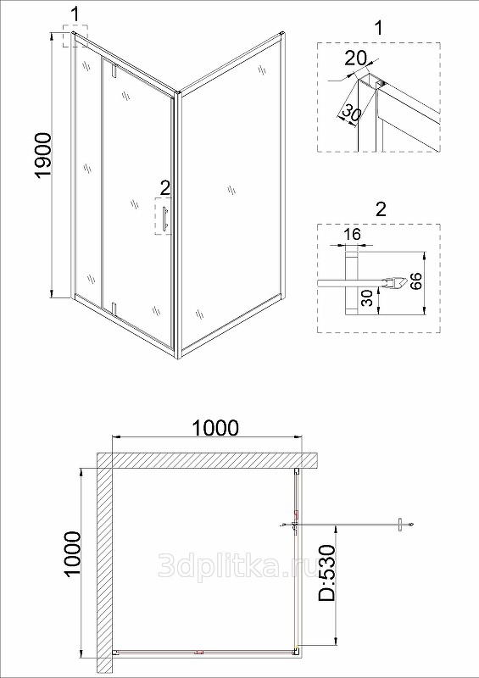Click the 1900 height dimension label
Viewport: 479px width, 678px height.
[44, 155]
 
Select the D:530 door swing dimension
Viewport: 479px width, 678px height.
[326, 573]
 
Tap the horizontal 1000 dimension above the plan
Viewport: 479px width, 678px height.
[215, 428]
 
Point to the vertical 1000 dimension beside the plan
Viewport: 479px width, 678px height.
[72, 553]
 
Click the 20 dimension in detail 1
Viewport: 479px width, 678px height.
[356, 58]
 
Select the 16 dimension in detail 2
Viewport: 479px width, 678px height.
[353, 235]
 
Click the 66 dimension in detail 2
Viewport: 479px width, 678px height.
[415, 281]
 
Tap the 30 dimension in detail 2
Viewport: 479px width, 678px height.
[366, 298]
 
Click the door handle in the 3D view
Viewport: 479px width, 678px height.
[164, 217]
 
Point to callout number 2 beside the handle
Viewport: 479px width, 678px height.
[164, 188]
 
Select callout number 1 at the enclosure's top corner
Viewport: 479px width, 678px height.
[75, 15]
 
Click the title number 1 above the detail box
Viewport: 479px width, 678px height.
[379, 28]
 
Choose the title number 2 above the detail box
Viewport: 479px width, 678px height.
[381, 209]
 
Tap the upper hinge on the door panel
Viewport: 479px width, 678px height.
[114, 70]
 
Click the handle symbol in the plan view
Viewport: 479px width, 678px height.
[401, 525]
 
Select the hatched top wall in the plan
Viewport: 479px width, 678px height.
[208, 460]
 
